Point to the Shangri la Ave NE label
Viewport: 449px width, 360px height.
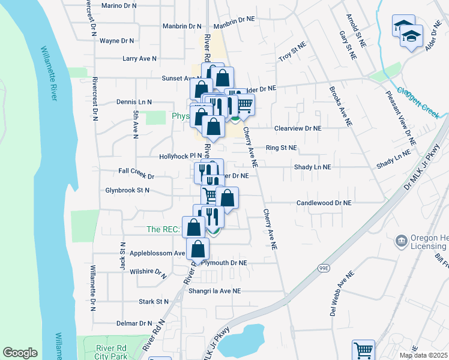point(214,291)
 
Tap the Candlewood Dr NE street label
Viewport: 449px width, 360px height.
point(324,203)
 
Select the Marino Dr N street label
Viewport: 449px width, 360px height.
point(119,6)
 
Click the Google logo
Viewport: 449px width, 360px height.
point(20,353)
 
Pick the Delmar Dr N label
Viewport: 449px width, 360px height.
point(134,323)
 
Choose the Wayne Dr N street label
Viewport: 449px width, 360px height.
point(117,41)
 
